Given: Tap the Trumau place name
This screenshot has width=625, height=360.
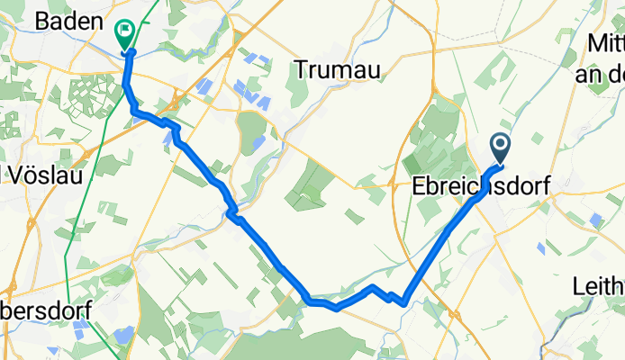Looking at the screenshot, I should [337, 69].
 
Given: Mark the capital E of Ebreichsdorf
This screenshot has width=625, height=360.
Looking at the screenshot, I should [418, 186].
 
